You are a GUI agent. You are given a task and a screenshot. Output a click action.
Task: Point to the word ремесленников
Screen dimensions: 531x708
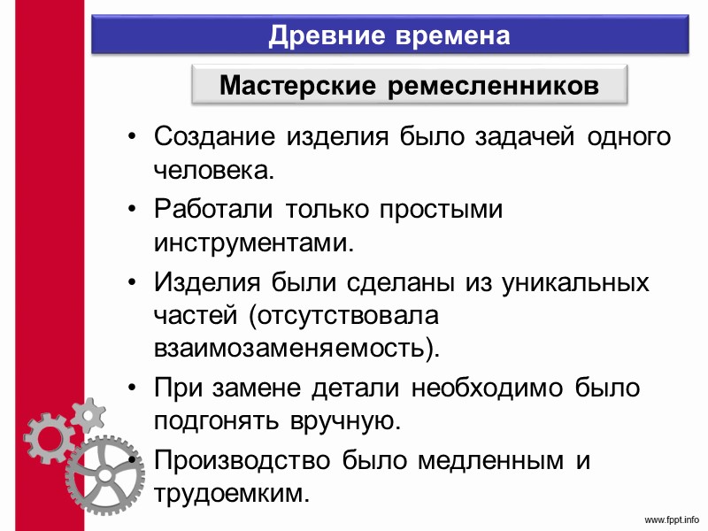(494, 87)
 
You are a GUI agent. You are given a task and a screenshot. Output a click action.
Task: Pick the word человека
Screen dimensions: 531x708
(210, 169)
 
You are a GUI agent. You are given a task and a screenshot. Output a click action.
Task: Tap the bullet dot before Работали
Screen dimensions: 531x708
(132, 210)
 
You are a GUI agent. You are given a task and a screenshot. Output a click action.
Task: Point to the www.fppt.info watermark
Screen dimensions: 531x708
(671, 519)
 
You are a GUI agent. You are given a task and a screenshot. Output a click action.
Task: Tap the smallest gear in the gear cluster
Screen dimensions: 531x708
(88, 413)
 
